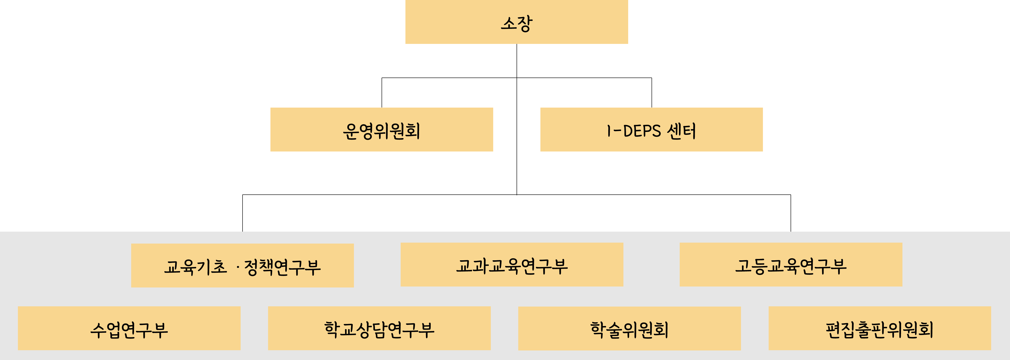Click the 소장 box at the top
pos(516,22)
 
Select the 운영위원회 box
pos(382,129)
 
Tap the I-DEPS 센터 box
pos(651,129)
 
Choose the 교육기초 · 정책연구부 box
pos(242,266)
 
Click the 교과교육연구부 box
pos(512,265)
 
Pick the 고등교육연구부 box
pos(791,265)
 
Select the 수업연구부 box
pos(129,328)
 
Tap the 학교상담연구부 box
pos(379,328)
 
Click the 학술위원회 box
pos(629,328)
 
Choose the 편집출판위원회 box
pos(880,328)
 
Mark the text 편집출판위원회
pos(880,330)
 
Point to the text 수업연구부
pos(129,330)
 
